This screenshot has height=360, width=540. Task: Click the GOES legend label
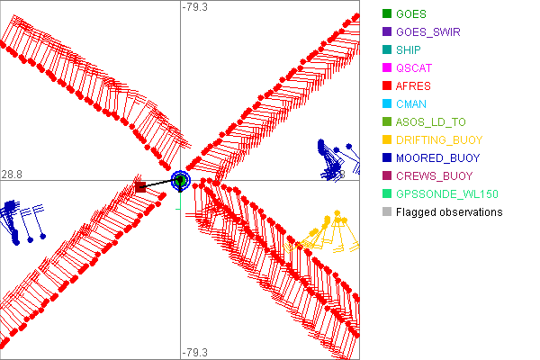click(410, 14)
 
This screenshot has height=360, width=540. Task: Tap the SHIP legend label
click(409, 50)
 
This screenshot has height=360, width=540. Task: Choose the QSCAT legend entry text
click(414, 68)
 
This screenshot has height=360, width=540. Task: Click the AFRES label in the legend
click(413, 86)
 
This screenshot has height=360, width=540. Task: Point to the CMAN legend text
click(411, 104)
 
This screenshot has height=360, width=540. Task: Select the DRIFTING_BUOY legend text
click(439, 140)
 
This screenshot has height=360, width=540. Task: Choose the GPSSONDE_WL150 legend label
click(447, 194)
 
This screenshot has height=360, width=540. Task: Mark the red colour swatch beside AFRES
click(387, 86)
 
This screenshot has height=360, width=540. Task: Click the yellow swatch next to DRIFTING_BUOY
click(387, 140)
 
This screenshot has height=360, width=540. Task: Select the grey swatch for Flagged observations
click(387, 212)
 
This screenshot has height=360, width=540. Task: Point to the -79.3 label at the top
click(194, 7)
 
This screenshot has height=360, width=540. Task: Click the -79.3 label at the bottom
click(194, 352)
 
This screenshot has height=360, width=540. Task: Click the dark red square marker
click(140, 187)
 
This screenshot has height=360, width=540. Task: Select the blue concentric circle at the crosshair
click(180, 180)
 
